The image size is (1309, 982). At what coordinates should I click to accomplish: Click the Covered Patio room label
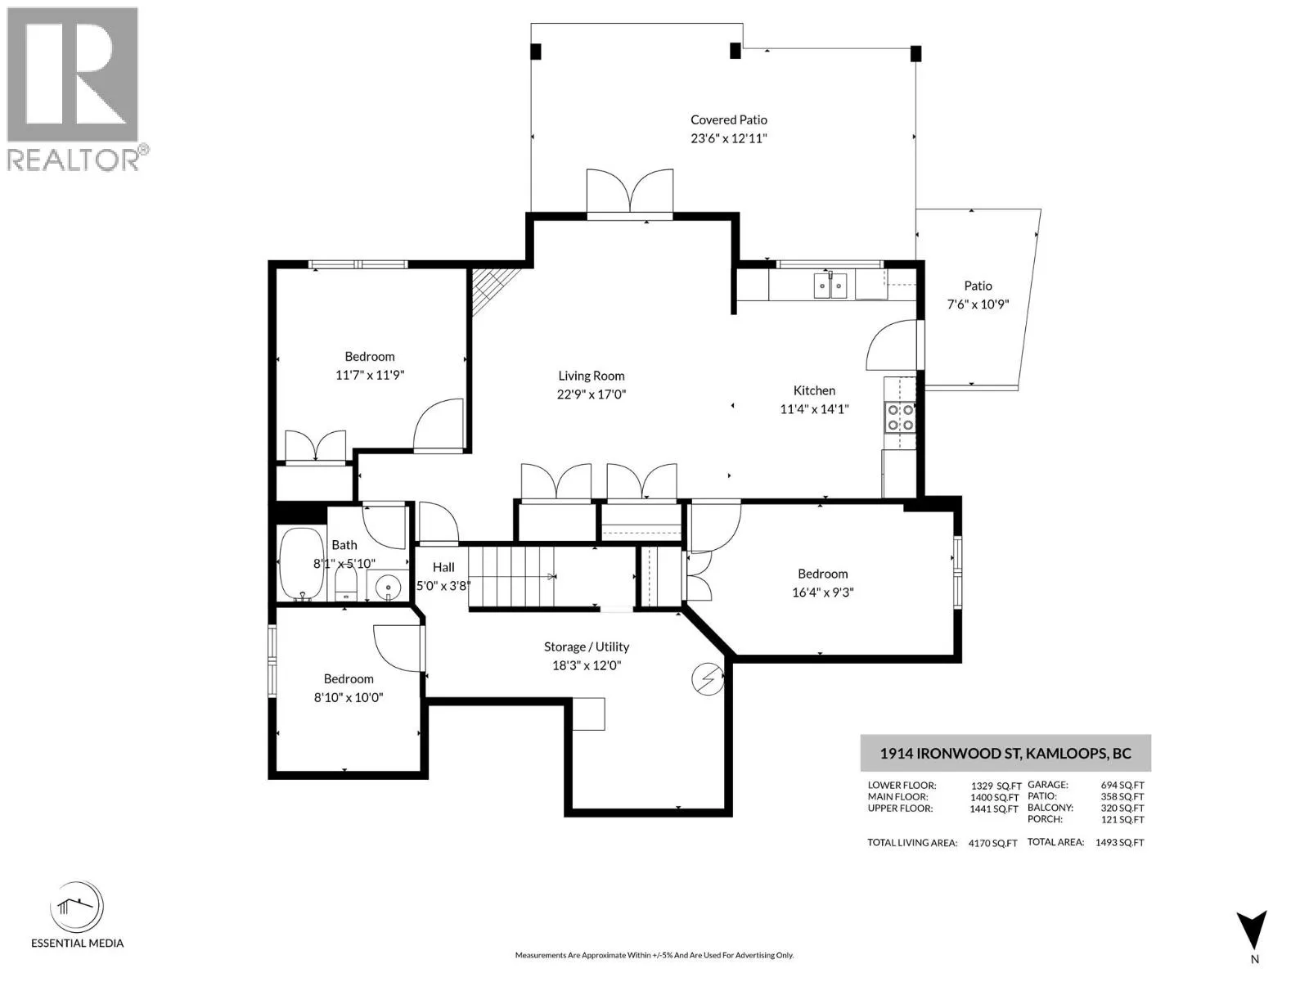(728, 119)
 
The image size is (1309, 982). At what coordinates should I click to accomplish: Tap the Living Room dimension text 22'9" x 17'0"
(591, 394)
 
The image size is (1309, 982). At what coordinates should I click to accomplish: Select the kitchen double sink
(830, 286)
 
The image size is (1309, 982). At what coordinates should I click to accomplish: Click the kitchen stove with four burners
(899, 417)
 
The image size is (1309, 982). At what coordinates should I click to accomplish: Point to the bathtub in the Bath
(302, 564)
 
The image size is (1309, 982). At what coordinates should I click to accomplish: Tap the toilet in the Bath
(346, 583)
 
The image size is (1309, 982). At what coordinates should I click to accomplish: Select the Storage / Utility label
(587, 647)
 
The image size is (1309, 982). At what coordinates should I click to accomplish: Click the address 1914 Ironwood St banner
(1005, 753)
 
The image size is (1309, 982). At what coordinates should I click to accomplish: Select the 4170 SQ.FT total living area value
(992, 843)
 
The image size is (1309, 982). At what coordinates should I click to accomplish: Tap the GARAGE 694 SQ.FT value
(1122, 786)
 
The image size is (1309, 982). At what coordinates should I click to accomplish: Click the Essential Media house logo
(76, 906)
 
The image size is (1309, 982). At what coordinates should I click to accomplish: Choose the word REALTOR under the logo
(72, 160)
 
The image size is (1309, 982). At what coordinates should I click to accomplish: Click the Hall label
(443, 567)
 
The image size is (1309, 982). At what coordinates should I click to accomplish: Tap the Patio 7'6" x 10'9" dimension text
(978, 304)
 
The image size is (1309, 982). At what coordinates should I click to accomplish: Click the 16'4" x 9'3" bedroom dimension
(822, 592)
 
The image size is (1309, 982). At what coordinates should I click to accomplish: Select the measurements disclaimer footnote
(654, 954)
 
